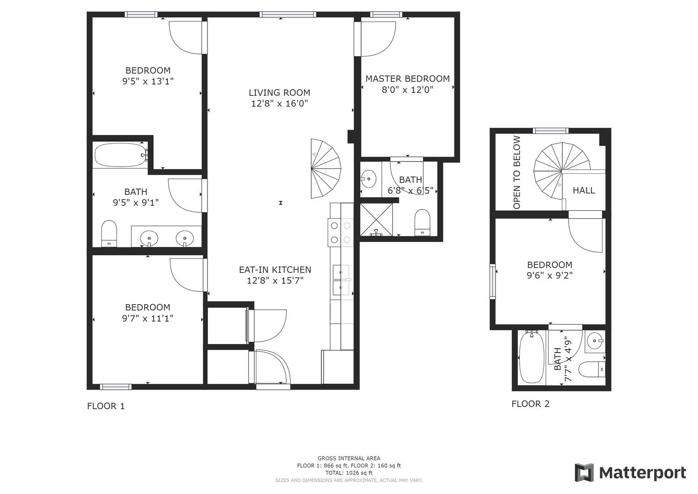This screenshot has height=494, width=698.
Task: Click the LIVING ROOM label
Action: click(x=279, y=92)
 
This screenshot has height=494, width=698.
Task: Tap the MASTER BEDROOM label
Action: click(x=407, y=79)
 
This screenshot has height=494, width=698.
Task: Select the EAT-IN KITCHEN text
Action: click(x=275, y=269)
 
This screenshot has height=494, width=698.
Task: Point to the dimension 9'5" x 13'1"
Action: click(x=148, y=81)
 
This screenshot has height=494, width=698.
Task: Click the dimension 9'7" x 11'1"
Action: click(x=148, y=318)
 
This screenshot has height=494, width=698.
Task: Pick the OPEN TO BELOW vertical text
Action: click(x=517, y=172)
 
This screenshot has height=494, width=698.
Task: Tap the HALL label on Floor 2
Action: click(x=584, y=190)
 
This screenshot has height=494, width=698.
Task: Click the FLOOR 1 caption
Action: click(x=106, y=406)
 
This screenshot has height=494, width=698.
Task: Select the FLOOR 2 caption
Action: click(x=530, y=404)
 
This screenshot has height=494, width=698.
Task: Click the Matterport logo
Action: click(x=630, y=473)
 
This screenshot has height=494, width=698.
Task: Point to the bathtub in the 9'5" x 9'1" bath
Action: click(x=121, y=155)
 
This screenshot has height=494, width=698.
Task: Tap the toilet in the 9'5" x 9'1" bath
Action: click(x=109, y=234)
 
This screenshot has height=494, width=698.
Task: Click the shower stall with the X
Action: click(x=376, y=220)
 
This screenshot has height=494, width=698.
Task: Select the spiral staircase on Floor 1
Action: click(x=325, y=168)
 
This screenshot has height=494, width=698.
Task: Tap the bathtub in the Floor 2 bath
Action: click(x=532, y=357)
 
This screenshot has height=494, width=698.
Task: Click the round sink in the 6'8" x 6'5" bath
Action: click(x=368, y=179)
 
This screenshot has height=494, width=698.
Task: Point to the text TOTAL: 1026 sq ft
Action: click(x=349, y=473)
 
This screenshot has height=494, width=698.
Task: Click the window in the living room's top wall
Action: click(x=288, y=14)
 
